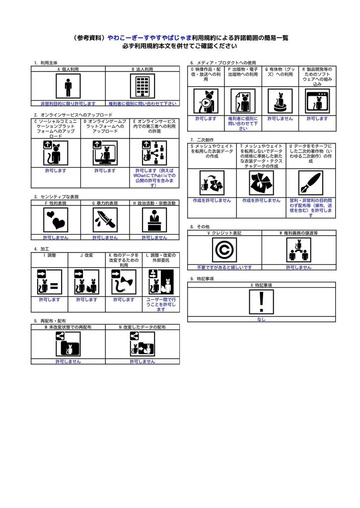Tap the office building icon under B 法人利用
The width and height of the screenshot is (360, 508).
(143, 87)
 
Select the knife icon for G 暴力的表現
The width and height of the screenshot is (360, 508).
(105, 218)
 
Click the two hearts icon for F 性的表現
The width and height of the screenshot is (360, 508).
(56, 218)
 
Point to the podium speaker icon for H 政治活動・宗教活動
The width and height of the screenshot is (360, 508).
(154, 218)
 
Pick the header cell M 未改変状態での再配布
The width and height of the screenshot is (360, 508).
(68, 327)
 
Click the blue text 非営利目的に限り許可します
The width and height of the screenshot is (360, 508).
(68, 104)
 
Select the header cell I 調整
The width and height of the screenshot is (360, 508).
(49, 255)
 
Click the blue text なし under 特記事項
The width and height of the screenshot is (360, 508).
(262, 319)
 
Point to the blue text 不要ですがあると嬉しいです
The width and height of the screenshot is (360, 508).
(224, 267)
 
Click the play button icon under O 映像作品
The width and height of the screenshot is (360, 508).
(206, 102)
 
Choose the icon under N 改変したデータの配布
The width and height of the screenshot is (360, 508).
(143, 344)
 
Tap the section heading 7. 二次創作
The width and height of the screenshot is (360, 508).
(202, 140)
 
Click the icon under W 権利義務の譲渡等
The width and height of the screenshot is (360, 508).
(298, 250)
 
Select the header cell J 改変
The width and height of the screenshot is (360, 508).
(86, 255)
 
